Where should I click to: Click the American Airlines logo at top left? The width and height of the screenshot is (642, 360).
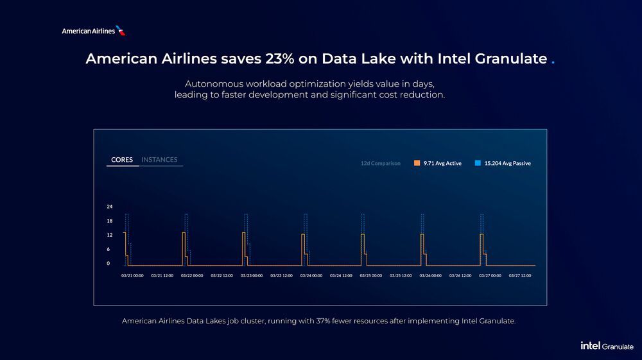tap(94, 31)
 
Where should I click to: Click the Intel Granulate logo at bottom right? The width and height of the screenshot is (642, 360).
tap(607, 346)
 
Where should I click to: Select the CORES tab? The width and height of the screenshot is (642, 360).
tap(122, 160)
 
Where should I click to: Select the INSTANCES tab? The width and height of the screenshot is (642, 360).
tap(159, 160)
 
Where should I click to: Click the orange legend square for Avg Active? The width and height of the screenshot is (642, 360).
tap(417, 163)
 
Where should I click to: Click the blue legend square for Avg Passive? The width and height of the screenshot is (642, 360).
tap(478, 163)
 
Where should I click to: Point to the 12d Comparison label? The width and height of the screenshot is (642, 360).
tap(380, 164)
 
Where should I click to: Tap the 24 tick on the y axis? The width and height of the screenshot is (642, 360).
tap(109, 207)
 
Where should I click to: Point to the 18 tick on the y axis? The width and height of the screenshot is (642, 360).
tap(109, 221)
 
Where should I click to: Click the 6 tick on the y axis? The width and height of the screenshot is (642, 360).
tap(109, 249)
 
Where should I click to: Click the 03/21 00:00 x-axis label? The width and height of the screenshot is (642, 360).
tap(132, 275)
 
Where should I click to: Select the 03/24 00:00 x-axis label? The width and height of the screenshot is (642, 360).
tap(311, 275)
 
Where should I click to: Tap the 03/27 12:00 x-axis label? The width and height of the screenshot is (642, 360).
tap(520, 275)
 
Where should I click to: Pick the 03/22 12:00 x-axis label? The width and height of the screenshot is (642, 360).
tap(221, 275)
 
